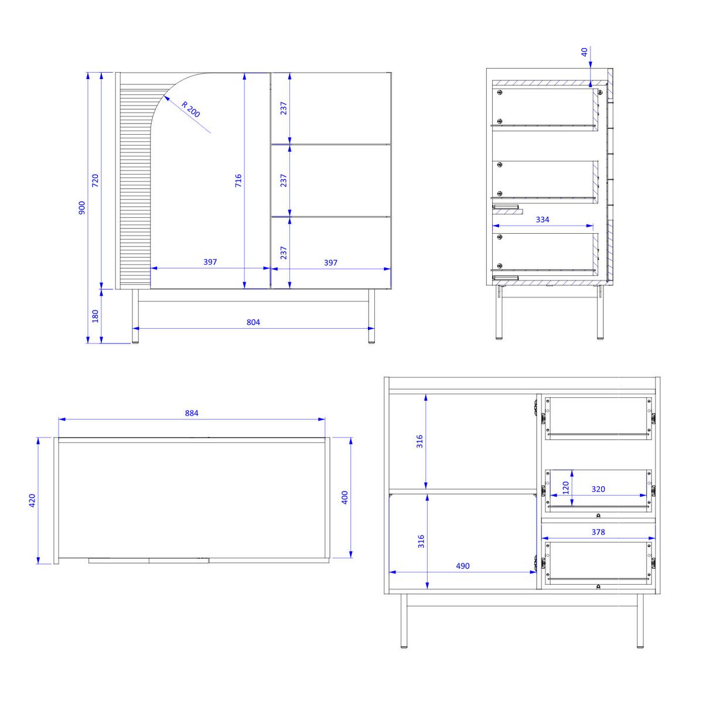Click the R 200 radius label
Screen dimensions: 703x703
click(x=191, y=110)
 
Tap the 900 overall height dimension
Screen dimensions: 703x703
click(x=81, y=207)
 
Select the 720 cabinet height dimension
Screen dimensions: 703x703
click(x=95, y=180)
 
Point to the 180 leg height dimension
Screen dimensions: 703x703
click(x=95, y=316)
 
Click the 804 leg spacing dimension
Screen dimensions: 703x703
click(x=253, y=322)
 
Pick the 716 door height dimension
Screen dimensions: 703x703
click(x=238, y=180)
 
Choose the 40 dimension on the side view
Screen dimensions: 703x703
click(x=585, y=52)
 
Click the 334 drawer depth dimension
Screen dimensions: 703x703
click(x=542, y=219)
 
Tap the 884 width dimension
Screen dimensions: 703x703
click(x=192, y=413)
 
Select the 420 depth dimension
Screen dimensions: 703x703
click(x=32, y=500)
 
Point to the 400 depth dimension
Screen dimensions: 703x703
click(x=344, y=497)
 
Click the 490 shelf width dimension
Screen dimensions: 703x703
click(x=463, y=566)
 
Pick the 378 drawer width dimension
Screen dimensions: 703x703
click(x=598, y=532)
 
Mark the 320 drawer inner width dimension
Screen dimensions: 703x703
click(x=598, y=489)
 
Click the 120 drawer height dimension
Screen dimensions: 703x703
click(x=565, y=488)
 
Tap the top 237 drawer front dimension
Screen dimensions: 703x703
click(x=284, y=108)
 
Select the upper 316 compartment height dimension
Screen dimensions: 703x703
click(x=419, y=442)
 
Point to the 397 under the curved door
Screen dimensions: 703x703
click(x=210, y=261)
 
